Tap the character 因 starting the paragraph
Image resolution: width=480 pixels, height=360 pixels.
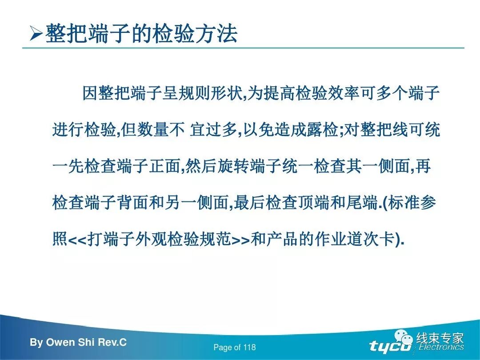90,94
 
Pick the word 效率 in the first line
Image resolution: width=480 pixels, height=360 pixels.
344,94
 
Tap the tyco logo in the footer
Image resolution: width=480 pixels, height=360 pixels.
390,345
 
